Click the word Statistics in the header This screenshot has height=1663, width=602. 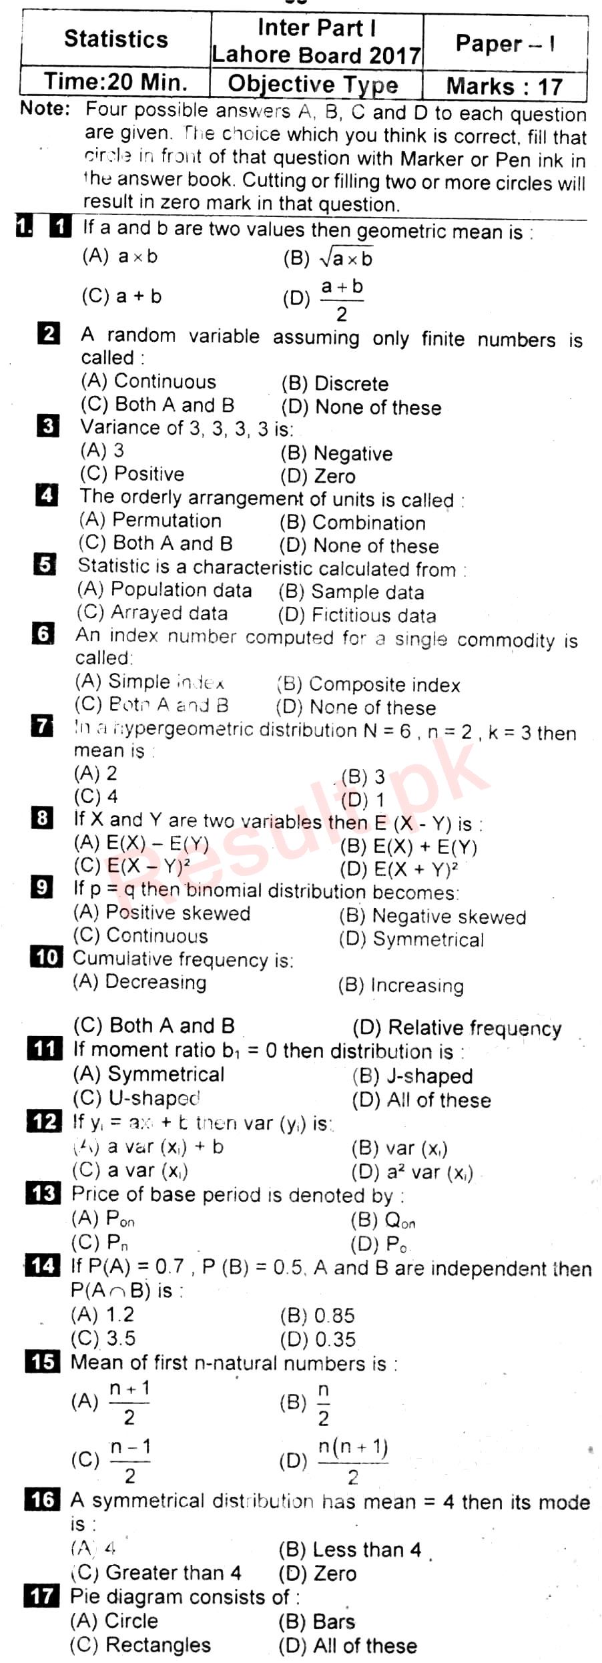pyautogui.click(x=116, y=39)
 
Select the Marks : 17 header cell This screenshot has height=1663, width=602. pyautogui.click(x=505, y=87)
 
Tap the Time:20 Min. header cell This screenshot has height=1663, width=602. pyautogui.click(x=115, y=83)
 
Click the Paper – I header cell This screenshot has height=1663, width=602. pyautogui.click(x=505, y=44)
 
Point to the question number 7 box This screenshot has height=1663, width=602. pyautogui.click(x=42, y=725)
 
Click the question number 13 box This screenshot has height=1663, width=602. pyautogui.click(x=43, y=1193)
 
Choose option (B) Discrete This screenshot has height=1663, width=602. pyautogui.click(x=334, y=384)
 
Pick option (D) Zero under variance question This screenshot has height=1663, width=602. pyautogui.click(x=318, y=476)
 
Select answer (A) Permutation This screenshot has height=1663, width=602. pyautogui.click(x=150, y=520)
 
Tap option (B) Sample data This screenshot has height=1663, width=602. pyautogui.click(x=351, y=592)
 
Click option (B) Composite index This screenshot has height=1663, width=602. pyautogui.click(x=368, y=685)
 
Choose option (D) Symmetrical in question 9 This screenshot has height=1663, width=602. pyautogui.click(x=411, y=939)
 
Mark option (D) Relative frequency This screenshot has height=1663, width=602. pyautogui.click(x=457, y=1028)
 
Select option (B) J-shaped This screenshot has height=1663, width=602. pyautogui.click(x=412, y=1076)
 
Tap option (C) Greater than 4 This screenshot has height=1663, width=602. pyautogui.click(x=156, y=1573)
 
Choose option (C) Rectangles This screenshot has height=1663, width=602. pyautogui.click(x=140, y=1645)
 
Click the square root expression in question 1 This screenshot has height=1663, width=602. pyautogui.click(x=346, y=258)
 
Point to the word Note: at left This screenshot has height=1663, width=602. pyautogui.click(x=45, y=109)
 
